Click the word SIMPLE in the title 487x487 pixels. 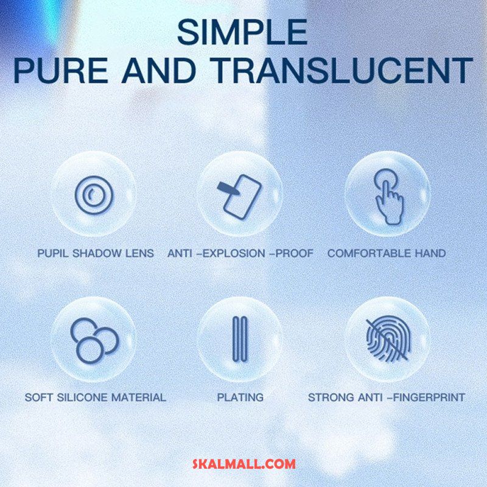(x=242, y=32)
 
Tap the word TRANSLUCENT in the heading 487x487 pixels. (x=342, y=71)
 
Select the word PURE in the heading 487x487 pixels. (x=60, y=71)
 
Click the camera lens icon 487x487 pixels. (x=94, y=195)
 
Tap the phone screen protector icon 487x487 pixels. (x=240, y=197)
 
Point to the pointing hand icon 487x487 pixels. (x=388, y=196)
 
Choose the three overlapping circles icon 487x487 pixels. (x=94, y=340)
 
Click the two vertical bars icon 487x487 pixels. (x=240, y=339)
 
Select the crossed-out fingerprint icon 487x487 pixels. (x=388, y=339)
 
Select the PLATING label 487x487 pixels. (x=240, y=398)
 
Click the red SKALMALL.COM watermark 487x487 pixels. (x=244, y=464)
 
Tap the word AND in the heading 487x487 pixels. (x=159, y=71)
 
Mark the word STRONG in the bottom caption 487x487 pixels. (x=331, y=398)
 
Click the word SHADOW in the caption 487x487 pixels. (x=97, y=253)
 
